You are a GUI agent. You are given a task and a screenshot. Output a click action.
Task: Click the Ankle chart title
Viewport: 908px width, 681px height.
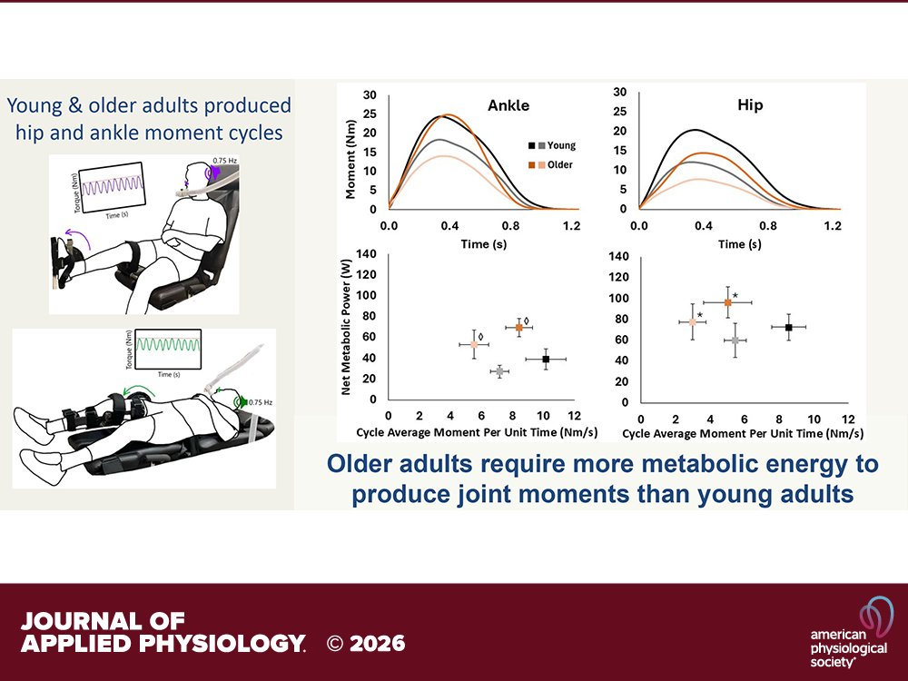tap(508, 105)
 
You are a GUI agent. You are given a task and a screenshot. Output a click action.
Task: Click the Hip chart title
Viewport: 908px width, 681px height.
tap(750, 104)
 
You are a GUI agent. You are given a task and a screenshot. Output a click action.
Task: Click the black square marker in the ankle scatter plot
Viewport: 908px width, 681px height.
tap(546, 360)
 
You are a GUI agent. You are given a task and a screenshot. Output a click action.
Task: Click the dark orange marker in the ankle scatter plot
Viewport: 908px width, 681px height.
tap(519, 327)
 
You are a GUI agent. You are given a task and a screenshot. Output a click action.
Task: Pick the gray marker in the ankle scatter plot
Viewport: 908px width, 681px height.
tap(499, 371)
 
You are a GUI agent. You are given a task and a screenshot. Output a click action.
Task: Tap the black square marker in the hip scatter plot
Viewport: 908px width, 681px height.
tap(789, 327)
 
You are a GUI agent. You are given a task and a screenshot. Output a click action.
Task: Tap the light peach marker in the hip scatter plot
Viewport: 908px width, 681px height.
tap(693, 322)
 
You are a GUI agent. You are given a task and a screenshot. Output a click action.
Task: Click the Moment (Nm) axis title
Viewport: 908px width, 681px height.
tap(349, 152)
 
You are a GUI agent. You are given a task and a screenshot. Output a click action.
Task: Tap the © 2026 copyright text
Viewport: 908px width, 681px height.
tap(366, 644)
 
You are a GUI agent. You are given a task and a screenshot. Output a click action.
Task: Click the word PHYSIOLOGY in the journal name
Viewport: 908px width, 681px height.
tap(214, 644)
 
